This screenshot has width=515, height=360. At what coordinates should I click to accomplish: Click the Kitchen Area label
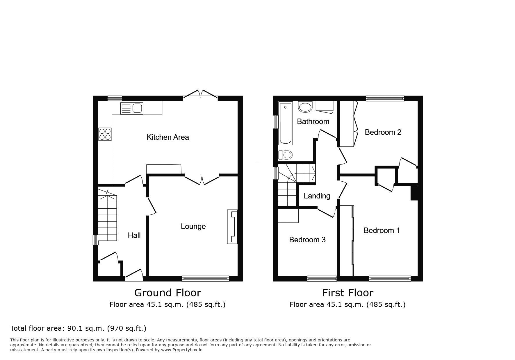(x=167, y=137)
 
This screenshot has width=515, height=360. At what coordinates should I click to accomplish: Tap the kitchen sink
(x=132, y=108)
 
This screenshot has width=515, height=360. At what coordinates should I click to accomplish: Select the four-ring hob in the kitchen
(x=105, y=134)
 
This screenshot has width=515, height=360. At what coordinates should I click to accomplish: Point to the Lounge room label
(x=193, y=226)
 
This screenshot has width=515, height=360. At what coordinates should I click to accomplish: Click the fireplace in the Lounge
(x=232, y=227)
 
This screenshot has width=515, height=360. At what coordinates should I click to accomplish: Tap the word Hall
(x=134, y=235)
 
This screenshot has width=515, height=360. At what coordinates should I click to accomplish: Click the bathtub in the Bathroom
(x=285, y=123)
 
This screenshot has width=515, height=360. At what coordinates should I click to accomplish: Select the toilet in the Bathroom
(x=285, y=155)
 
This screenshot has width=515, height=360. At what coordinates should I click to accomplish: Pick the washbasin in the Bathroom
(x=305, y=107)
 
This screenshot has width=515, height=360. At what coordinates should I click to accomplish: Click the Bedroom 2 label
(x=383, y=132)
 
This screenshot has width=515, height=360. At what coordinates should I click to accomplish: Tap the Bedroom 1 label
(x=382, y=230)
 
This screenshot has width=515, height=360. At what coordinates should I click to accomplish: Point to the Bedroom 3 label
(x=307, y=240)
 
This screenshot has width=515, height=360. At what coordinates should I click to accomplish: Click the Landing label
(x=317, y=196)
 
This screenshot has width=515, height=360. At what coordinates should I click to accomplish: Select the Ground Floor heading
(x=167, y=293)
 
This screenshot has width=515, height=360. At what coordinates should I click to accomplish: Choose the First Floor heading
(x=348, y=293)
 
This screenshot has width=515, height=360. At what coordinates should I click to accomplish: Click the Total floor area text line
(x=78, y=328)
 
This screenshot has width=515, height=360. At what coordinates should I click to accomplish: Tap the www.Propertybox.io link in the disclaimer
(x=182, y=350)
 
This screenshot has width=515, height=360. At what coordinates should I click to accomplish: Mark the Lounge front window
(x=205, y=279)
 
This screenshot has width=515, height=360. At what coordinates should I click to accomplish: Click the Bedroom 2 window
(x=385, y=98)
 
